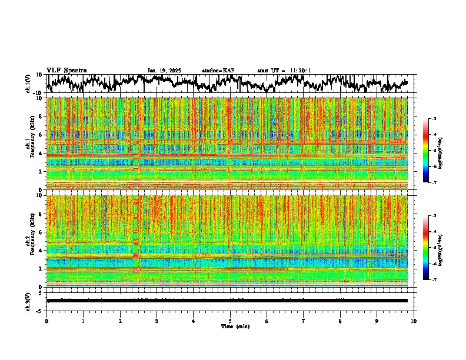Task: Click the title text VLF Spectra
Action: coord(66,70)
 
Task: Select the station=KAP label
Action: coord(218,71)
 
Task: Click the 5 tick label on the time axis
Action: coord(230,321)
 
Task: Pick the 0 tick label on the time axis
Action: coord(46,321)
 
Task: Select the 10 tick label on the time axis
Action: coord(414,321)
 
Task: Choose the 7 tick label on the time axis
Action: coord(304,321)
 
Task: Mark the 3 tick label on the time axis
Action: coord(157,321)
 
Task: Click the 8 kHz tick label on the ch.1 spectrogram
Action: coord(40,116)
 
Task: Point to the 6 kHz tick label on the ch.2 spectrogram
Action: coord(40,232)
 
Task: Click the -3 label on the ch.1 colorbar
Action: coord(433,119)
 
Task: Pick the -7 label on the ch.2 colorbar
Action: coord(433,280)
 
